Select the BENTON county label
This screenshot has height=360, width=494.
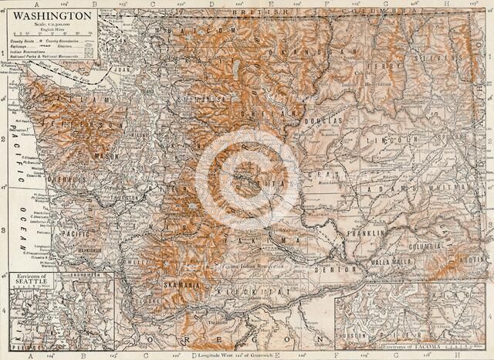point(333,270)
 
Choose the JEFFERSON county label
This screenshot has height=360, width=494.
point(77,124)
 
